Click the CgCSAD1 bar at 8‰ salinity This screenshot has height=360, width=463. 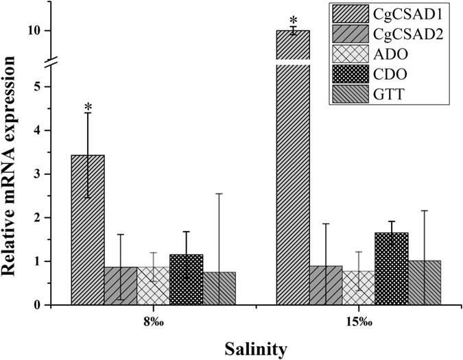[88, 230]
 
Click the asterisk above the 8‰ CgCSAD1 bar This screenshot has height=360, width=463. [88, 108]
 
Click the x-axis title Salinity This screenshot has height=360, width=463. [256, 349]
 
